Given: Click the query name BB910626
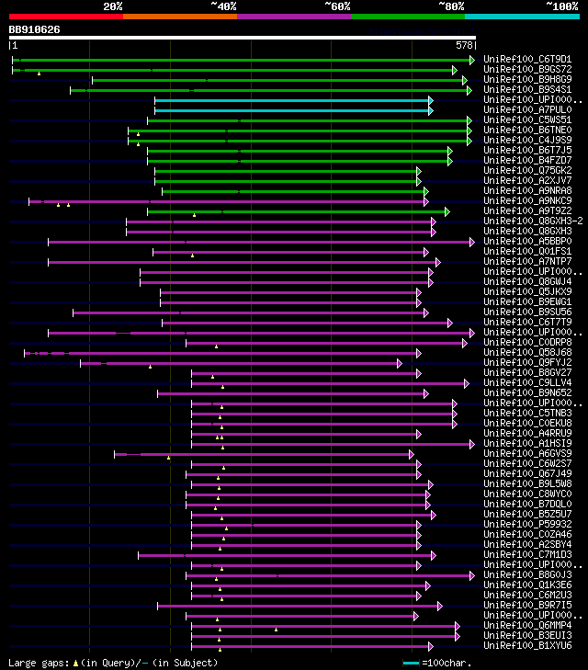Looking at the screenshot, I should click(x=35, y=29).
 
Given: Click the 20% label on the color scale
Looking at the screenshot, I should click(x=113, y=6).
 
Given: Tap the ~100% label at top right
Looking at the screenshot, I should click(x=561, y=6).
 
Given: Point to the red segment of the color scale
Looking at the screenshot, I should click(x=65, y=17).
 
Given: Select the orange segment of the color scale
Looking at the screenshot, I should click(x=179, y=17).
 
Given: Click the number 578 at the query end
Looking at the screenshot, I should click(x=464, y=44).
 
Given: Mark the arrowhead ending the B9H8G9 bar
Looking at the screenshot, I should click(x=466, y=80).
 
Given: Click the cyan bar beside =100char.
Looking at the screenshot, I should click(x=411, y=663).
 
